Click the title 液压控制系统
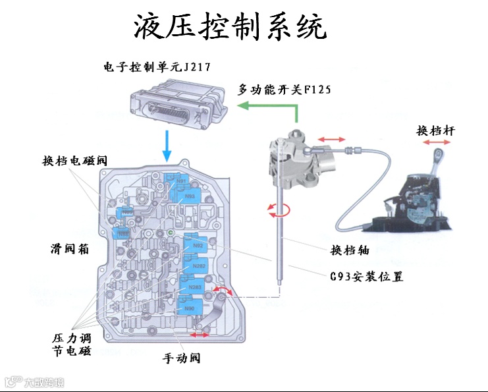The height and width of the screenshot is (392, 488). (230, 27)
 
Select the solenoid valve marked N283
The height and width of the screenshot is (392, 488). (194, 288)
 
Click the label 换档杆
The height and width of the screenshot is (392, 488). (435, 130)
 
